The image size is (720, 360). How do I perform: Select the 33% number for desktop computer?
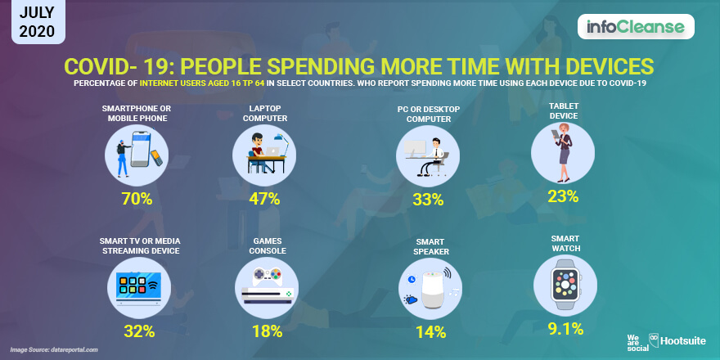click(428, 200)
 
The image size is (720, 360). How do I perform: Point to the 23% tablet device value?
click(563, 196)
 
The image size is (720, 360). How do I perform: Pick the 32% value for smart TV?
click(139, 331)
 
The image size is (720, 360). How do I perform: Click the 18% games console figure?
click(267, 331)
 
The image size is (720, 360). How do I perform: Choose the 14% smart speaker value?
click(430, 331)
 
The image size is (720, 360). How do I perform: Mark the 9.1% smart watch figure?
click(565, 328)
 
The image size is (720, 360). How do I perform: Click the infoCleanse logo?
click(636, 27)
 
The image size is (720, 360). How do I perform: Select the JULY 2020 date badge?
click(38, 21)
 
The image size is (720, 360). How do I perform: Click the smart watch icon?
click(565, 286)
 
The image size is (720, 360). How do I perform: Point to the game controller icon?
click(267, 275)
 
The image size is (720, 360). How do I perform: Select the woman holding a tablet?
click(563, 153)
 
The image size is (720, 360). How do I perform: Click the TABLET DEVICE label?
click(564, 110)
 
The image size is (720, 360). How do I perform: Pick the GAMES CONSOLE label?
click(268, 246)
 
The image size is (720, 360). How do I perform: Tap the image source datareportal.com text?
click(54, 350)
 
